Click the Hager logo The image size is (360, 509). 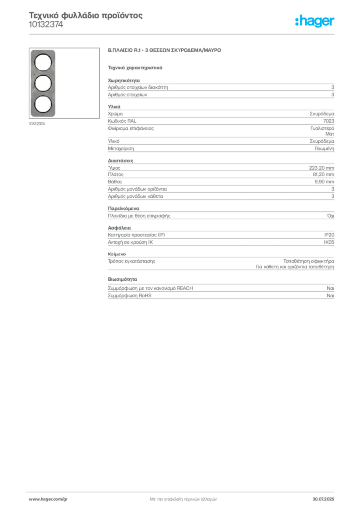click(315, 21)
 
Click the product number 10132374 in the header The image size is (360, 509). click(46, 25)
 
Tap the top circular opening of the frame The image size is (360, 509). click(43, 62)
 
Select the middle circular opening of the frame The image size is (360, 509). click(43, 84)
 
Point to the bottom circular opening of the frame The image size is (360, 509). click(43, 104)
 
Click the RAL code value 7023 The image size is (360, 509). click(329, 121)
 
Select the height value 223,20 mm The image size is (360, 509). click(321, 168)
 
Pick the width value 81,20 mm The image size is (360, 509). click(323, 174)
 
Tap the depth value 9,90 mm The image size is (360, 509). click(324, 182)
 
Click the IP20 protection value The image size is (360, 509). click(329, 235)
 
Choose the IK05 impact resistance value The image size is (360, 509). click(329, 242)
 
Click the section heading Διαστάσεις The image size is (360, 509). click(120, 161)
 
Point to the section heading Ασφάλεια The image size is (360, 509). click(119, 228)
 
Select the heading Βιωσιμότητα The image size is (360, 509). click(122, 279)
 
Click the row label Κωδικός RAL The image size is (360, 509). click(122, 121)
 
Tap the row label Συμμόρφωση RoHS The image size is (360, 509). click(129, 295)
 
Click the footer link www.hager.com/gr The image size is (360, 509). click(48, 499)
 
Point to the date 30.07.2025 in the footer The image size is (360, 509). click(323, 499)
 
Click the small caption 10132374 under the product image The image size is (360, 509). click(37, 124)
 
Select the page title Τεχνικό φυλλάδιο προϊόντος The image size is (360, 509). click(86, 15)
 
